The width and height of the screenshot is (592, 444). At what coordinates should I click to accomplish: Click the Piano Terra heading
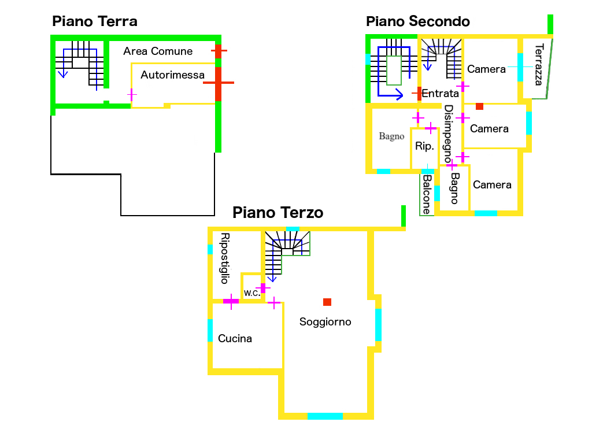pos(95,22)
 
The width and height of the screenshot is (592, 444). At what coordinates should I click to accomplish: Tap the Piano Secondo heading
pos(418,22)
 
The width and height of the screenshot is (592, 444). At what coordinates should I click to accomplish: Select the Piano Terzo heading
pos(277,213)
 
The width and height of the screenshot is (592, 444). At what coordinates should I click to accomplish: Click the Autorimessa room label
pos(172,75)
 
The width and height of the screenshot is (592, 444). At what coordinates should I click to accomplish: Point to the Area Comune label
pos(158,51)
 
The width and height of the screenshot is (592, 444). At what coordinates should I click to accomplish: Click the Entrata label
pos(440,93)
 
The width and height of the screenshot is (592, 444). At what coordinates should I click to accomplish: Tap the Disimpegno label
pos(448,134)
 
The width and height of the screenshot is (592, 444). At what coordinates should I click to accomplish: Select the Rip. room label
pos(424,146)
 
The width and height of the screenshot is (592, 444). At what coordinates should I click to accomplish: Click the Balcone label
pos(427,195)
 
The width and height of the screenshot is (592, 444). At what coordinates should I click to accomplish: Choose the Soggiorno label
pos(325,322)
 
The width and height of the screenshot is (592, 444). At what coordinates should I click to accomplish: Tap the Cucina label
pos(235,339)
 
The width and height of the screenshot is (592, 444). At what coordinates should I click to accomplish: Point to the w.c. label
pos(252,293)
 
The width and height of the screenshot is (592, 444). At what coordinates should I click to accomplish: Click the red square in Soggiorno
pos(327,302)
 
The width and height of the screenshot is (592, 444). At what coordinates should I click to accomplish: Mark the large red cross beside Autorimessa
pos(219,83)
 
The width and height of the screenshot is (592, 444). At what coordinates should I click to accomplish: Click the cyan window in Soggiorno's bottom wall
pos(325,416)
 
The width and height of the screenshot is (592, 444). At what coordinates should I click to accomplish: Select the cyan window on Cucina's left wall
pos(210,330)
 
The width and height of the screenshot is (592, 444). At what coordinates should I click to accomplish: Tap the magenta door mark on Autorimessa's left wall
pos(132,94)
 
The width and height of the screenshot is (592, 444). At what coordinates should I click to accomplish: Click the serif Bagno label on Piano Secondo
pos(391,136)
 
